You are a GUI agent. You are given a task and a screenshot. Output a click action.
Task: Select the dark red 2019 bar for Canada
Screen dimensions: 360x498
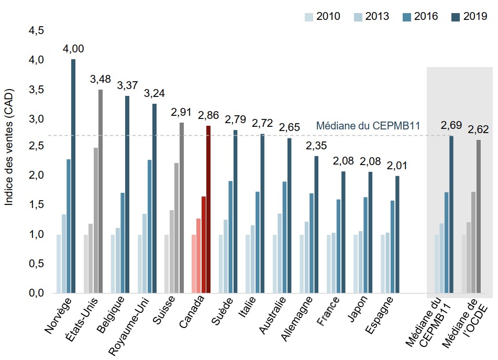click(208, 209)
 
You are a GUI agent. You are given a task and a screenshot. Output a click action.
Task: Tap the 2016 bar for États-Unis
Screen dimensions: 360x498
click(95, 220)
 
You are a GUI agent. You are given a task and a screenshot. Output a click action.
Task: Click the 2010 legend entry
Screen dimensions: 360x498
click(323, 16)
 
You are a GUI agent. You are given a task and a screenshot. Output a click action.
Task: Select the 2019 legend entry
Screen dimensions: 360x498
click(469, 16)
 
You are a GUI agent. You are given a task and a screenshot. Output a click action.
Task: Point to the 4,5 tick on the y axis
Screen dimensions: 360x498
click(36, 31)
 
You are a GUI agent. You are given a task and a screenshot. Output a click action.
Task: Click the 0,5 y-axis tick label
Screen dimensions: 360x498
click(36, 264)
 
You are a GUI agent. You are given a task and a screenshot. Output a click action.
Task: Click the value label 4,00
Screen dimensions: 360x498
click(73, 49)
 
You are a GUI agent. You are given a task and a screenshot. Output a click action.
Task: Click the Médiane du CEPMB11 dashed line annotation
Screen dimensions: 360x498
click(368, 126)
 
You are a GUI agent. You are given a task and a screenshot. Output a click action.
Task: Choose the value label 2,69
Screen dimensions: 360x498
click(451, 125)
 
